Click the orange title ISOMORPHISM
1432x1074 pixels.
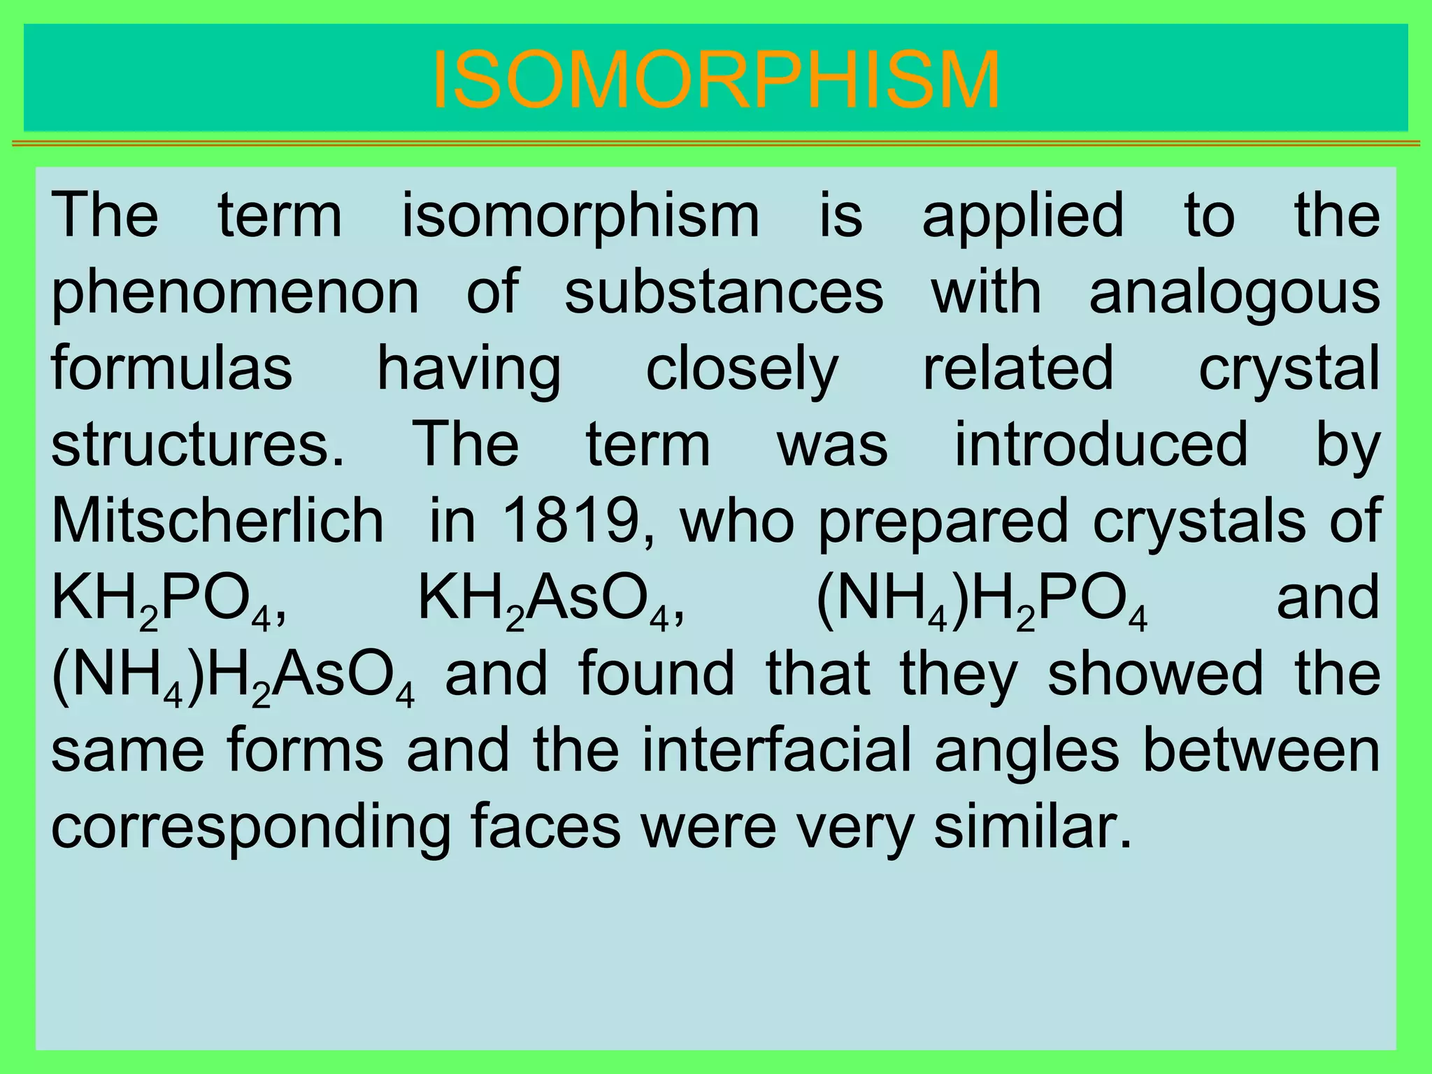click(716, 80)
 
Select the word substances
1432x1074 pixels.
click(724, 292)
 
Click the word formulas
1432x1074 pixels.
click(171, 368)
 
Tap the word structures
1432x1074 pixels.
click(198, 445)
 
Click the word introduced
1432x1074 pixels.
click(1101, 444)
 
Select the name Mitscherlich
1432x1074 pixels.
click(217, 521)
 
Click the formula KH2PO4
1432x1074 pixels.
click(168, 600)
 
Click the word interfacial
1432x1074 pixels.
click(777, 750)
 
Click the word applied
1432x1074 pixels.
click(1023, 217)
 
